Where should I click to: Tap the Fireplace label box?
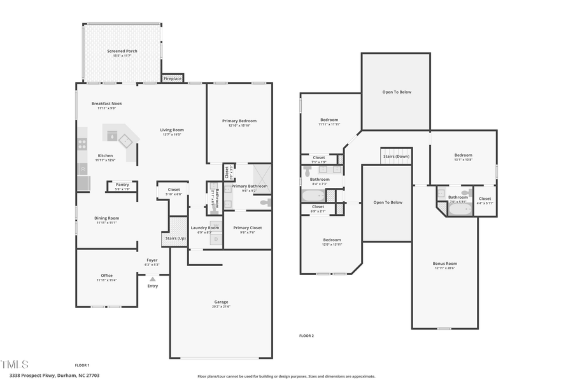(173, 78)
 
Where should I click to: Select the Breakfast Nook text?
(106, 103)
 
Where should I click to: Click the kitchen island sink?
(112, 136)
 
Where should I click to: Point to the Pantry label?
(122, 185)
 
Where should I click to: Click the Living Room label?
(172, 130)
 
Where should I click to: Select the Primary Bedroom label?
(239, 120)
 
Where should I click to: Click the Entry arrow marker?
(152, 278)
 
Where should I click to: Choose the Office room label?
(106, 276)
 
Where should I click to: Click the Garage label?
(221, 302)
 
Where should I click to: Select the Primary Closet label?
(247, 227)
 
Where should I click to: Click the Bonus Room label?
(445, 263)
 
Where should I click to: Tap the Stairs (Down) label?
(396, 156)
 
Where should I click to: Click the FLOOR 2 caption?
(306, 336)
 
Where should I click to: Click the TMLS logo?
(15, 365)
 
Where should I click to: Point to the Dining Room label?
(108, 218)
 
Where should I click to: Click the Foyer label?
(152, 260)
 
